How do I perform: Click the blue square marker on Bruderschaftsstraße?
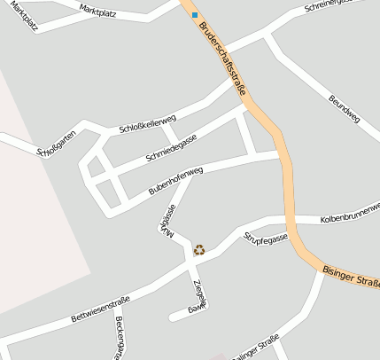[195, 15]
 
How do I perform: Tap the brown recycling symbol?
[199, 250]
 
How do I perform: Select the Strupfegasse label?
[266, 239]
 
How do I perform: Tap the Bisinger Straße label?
[351, 277]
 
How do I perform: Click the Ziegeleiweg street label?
[198, 294]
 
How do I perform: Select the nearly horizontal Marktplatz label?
[97, 11]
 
